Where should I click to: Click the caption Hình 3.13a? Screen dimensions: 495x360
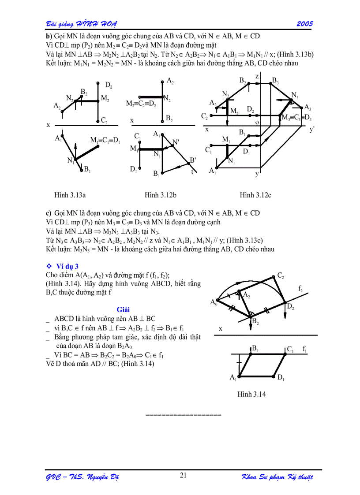70,194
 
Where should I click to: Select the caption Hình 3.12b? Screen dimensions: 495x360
160,194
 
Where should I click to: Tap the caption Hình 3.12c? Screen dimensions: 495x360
255,194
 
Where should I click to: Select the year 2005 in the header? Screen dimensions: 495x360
304,23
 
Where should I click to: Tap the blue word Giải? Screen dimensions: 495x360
123,309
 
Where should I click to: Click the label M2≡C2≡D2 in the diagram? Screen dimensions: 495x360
141,104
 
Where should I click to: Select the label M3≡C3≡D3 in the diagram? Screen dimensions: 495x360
297,118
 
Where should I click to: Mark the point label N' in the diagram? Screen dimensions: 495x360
176,142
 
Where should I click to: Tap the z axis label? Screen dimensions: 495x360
257,76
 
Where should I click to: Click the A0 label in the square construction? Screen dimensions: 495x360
214,302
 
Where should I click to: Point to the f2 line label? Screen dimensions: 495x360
300,289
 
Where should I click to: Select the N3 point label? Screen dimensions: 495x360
295,96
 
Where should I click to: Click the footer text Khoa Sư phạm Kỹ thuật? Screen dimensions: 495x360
277,477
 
